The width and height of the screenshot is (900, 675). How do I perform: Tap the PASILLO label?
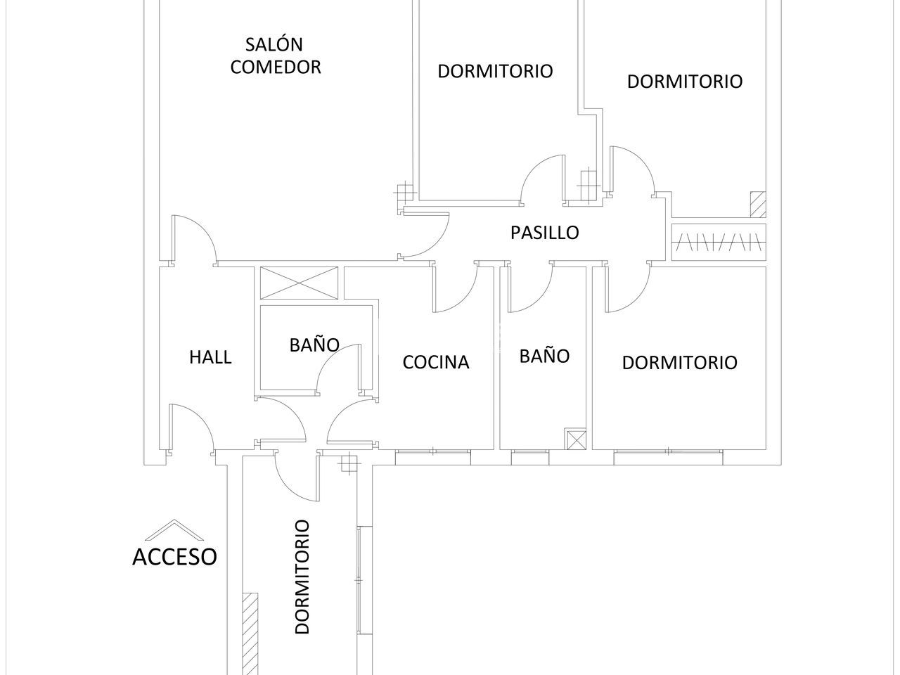[544, 232]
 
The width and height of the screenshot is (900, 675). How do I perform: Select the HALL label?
[210, 357]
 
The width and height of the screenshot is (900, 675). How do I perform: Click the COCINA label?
[435, 362]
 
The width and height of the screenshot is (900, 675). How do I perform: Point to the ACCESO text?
[174, 557]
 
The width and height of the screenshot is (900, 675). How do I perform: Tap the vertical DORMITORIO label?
[302, 577]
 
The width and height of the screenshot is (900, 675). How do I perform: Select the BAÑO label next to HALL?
[314, 345]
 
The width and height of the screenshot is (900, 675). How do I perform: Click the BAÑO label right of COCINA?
[544, 356]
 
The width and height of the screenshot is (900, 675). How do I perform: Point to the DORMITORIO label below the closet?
[679, 363]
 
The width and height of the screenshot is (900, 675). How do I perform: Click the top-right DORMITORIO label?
[684, 81]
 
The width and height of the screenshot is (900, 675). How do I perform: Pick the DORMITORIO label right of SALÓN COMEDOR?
[495, 71]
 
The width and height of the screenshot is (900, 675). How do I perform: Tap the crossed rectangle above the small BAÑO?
[299, 283]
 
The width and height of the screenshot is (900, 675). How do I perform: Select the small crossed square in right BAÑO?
[576, 439]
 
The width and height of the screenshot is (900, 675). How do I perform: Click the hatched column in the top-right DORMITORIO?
[757, 204]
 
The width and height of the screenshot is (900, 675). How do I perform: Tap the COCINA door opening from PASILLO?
[454, 288]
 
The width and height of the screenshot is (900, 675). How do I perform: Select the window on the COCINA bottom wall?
[432, 457]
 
